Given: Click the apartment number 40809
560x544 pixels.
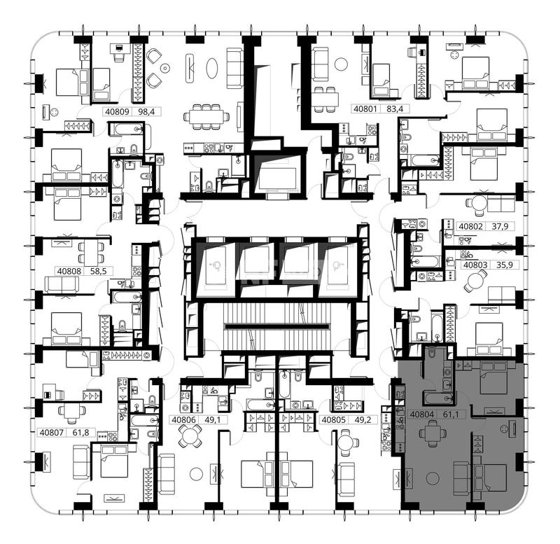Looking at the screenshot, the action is click(x=117, y=112).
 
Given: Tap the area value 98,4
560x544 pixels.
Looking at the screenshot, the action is click(x=146, y=112).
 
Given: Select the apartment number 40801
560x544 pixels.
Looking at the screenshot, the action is click(x=365, y=109).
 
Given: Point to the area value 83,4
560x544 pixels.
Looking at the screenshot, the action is click(x=395, y=109).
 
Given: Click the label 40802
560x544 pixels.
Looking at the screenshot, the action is click(x=470, y=226).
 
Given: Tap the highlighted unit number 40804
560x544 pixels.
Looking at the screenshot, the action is click(x=422, y=414).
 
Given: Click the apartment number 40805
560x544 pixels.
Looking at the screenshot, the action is click(x=334, y=419).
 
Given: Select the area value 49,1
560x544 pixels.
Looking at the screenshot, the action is click(x=213, y=419).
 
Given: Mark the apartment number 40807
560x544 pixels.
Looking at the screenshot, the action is click(x=51, y=433).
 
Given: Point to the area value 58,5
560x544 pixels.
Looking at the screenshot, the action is click(x=99, y=271).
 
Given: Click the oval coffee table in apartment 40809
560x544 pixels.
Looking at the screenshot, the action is click(x=211, y=68).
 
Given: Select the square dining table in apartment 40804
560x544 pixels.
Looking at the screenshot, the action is click(x=433, y=433).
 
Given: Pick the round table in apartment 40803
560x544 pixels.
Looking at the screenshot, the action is click(x=475, y=279).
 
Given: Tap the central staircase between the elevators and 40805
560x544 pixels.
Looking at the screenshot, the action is click(x=277, y=326).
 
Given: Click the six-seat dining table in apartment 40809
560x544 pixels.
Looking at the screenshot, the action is click(x=206, y=116).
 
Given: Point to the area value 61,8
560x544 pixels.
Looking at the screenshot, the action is click(x=81, y=433).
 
